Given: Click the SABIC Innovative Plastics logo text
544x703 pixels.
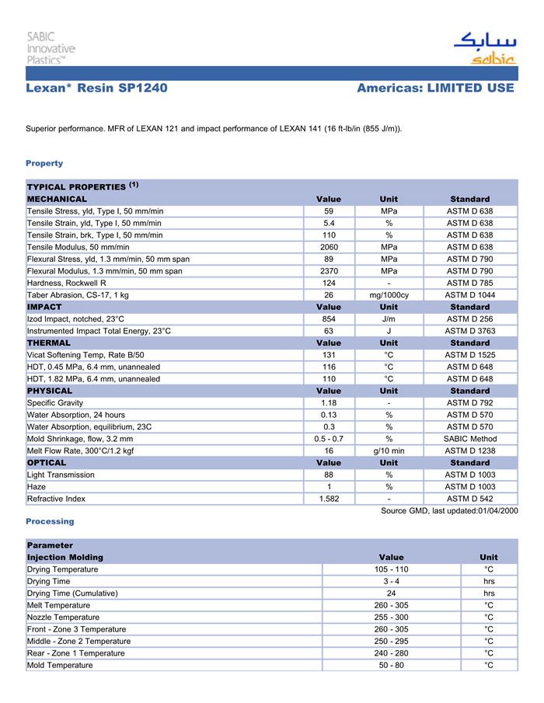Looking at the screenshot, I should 51,47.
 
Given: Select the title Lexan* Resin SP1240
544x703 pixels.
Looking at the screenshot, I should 96,88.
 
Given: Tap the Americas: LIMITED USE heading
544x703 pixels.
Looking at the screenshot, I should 435,88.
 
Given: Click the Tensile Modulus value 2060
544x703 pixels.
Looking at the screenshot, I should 328,247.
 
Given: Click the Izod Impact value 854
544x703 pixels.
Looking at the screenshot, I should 328,318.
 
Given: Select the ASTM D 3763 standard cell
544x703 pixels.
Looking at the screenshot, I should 469,331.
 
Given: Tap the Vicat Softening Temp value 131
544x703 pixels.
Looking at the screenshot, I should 328,354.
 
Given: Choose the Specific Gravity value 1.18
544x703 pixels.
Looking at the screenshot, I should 328,402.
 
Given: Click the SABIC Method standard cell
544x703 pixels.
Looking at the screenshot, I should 469,438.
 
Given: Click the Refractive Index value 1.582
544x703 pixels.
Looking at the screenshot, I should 328,499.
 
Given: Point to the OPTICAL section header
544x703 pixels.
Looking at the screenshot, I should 47,462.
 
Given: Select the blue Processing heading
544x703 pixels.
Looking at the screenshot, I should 50,521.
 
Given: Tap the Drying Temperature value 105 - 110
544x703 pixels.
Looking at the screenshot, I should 391,569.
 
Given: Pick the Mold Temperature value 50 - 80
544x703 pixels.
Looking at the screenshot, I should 391,665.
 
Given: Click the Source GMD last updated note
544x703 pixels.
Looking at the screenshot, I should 449,510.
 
